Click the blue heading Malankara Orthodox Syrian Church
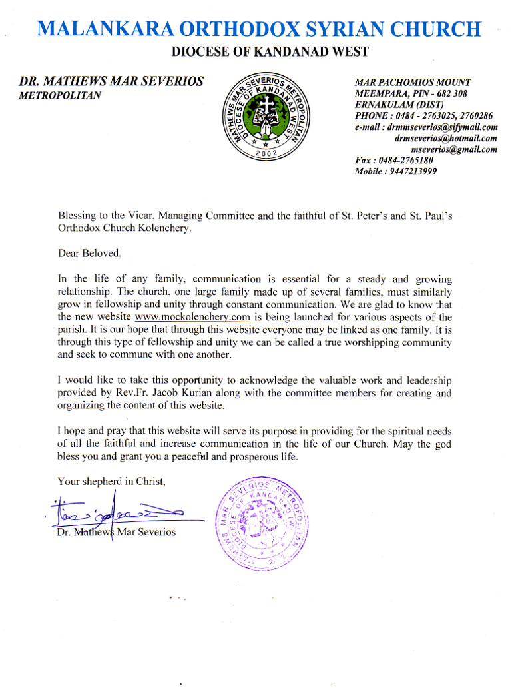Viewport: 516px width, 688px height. pyautogui.click(x=258, y=29)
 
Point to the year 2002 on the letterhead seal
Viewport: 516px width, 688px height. pyautogui.click(x=266, y=153)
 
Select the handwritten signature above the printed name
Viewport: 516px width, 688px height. pyautogui.click(x=117, y=512)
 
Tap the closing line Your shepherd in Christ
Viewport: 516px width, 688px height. pyautogui.click(x=110, y=481)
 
